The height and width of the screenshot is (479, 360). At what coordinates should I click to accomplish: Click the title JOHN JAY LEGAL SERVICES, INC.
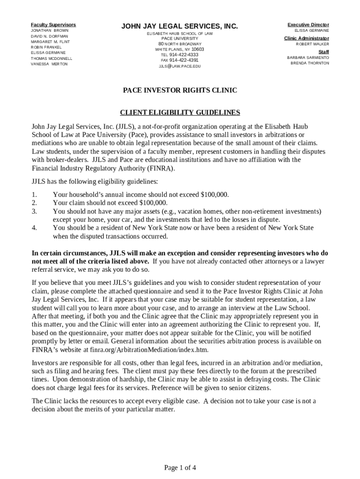coord(180,27)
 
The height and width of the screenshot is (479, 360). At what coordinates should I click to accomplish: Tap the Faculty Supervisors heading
coord(53,25)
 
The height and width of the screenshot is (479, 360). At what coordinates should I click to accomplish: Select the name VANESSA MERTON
coord(49,64)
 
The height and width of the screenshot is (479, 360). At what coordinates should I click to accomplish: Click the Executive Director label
coord(308,25)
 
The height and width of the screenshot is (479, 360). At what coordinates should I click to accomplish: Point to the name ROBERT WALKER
coord(312,44)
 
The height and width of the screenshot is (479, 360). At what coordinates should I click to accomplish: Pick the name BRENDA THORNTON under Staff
coord(310,63)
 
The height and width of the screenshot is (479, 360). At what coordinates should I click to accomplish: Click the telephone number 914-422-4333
coord(184,55)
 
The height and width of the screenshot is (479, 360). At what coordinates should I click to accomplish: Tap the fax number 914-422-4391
coord(184,60)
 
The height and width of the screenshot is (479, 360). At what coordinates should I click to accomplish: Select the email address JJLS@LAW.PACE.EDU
coord(180,66)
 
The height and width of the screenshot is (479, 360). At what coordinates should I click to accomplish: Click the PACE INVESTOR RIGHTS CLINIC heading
coord(180,90)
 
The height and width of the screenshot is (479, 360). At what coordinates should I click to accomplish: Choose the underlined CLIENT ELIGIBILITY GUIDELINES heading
coord(180,112)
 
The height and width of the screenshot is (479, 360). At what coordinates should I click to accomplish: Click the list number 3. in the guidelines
coord(34,211)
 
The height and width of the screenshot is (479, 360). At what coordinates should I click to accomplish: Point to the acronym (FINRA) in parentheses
coord(159,168)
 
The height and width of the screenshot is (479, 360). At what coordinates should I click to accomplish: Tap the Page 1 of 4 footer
coord(180,467)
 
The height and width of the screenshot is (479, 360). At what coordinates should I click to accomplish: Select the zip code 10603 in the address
coord(198,49)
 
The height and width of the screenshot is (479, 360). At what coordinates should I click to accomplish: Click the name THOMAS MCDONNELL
coord(51,58)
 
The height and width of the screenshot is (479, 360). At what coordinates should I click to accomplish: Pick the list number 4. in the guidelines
coord(34,228)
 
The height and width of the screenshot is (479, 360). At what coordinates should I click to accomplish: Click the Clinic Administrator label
coord(306,38)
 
